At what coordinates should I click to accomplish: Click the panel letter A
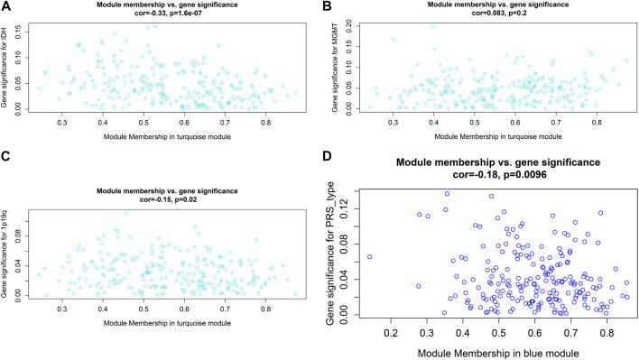[7, 7]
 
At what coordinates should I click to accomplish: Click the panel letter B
[329, 7]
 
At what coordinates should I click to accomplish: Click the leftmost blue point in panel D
[369, 257]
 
